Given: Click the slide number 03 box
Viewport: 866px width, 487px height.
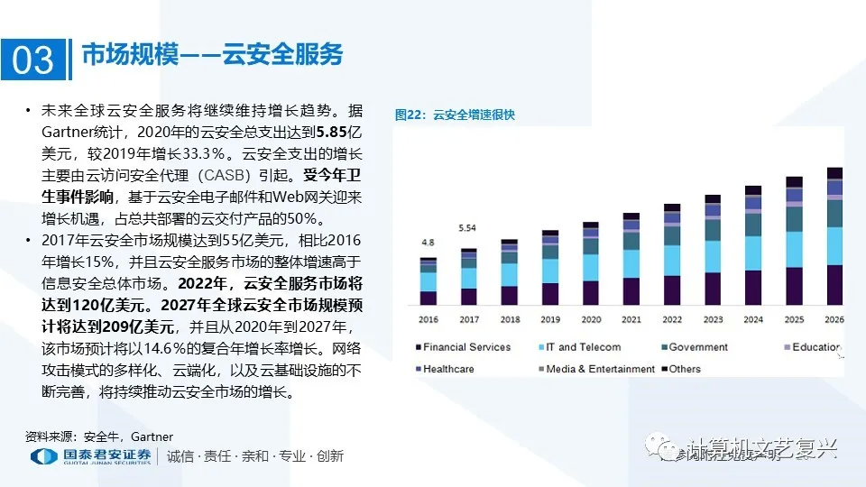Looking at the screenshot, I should [x=33, y=59].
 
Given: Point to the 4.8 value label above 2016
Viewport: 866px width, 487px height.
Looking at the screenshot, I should [x=428, y=243].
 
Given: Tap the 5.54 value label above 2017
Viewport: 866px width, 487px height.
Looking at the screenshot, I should [x=467, y=228].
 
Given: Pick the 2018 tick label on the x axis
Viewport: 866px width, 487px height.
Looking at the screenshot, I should [x=509, y=319].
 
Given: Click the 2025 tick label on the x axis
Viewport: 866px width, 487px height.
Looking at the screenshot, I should [x=794, y=319].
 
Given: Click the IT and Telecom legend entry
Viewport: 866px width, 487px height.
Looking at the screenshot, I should [x=583, y=347].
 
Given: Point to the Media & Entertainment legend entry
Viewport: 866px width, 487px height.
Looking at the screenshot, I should [x=600, y=369].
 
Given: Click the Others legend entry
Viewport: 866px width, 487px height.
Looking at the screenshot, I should [x=685, y=369].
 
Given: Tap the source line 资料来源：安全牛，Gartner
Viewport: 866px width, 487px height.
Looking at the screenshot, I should [x=99, y=436].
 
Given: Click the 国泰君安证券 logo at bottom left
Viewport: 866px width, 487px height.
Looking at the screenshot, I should [x=90, y=456].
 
